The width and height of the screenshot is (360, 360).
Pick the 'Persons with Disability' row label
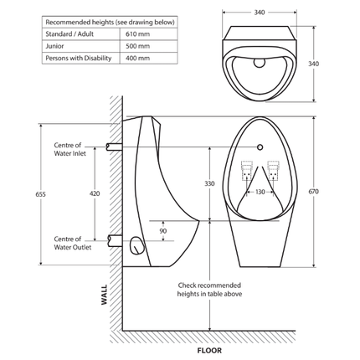click(x=78, y=59)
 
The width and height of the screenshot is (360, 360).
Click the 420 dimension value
click(x=95, y=193)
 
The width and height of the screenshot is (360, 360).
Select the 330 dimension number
click(x=209, y=183)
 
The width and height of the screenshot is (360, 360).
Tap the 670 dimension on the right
click(x=314, y=192)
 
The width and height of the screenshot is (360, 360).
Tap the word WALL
click(x=104, y=296)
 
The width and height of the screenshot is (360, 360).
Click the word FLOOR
click(x=208, y=351)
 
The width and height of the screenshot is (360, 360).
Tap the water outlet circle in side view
click(x=136, y=245)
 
